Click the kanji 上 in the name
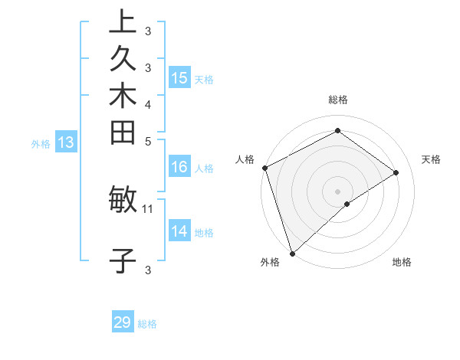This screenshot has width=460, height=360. pyautogui.click(x=123, y=22)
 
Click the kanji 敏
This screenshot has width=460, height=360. pyautogui.click(x=123, y=200)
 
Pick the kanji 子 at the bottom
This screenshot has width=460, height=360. pyautogui.click(x=123, y=260)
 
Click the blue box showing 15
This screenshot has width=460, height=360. pyautogui.click(x=179, y=77)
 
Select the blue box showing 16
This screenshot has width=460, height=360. pyautogui.click(x=179, y=167)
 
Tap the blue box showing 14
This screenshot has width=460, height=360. pyautogui.click(x=179, y=231)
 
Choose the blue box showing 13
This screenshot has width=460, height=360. pyautogui.click(x=67, y=142)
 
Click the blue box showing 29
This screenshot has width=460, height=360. pyautogui.click(x=123, y=322)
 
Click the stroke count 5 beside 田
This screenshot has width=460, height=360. pyautogui.click(x=148, y=140)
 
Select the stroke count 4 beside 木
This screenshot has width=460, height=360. pyautogui.click(x=148, y=103)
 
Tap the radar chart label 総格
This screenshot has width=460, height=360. pyautogui.click(x=337, y=100)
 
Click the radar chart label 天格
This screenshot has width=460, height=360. pyautogui.click(x=431, y=159)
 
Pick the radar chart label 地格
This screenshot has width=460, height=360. pyautogui.click(x=402, y=262)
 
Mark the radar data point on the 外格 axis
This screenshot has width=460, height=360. pyautogui.click(x=292, y=253)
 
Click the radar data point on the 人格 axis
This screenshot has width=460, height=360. pyautogui.click(x=264, y=168)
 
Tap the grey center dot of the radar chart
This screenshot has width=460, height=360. pyautogui.click(x=337, y=191)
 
